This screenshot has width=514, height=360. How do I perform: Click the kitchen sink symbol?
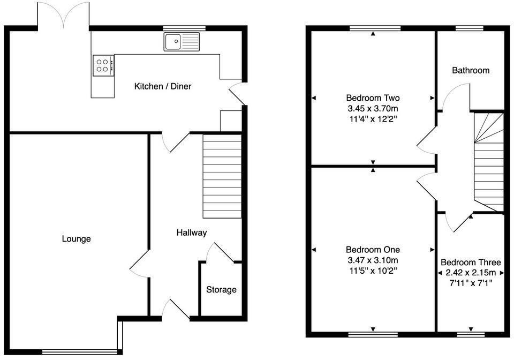pos(182,42)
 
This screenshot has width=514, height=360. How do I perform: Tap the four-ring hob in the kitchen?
pos(103,65)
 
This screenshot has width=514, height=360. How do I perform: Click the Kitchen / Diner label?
pos(162,86)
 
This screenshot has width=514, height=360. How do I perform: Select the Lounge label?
pos(76,239)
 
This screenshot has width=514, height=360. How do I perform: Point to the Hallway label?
pos(192,232)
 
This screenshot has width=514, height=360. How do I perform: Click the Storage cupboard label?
pos(221,290)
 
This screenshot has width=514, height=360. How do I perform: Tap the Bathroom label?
pos(471,70)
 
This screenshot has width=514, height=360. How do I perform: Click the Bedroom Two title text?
pos(373,98)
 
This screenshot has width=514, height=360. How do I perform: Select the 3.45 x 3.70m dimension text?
pos(373,109)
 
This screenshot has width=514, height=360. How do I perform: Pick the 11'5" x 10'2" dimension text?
pos(373,271)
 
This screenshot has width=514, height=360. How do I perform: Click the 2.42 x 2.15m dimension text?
pos(471,273)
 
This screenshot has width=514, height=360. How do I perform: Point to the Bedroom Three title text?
pos(471,262)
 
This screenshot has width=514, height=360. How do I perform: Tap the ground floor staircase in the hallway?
pos(222,176)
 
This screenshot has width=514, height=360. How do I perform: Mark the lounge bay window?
pos(79,351)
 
